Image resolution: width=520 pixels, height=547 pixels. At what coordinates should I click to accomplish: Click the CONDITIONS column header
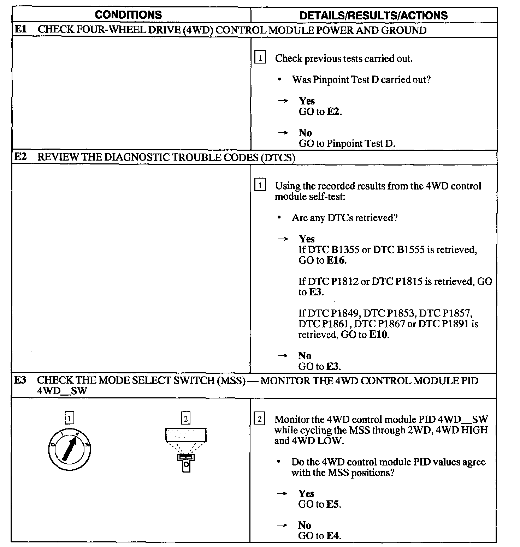pyautogui.click(x=128, y=15)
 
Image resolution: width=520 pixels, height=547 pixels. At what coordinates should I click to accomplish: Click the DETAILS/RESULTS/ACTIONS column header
pyautogui.click(x=373, y=16)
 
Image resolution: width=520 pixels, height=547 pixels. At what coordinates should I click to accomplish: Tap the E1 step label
pyautogui.click(x=20, y=29)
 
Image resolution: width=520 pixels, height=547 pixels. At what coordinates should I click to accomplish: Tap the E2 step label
pyautogui.click(x=20, y=157)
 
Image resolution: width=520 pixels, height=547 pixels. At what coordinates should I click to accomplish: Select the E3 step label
pyautogui.click(x=20, y=380)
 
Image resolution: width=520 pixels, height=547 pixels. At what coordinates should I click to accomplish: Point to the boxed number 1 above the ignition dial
pyautogui.click(x=70, y=419)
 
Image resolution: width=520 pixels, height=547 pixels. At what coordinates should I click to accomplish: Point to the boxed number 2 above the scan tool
pyautogui.click(x=185, y=419)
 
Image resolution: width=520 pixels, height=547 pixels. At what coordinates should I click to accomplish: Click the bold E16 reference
pyautogui.click(x=336, y=260)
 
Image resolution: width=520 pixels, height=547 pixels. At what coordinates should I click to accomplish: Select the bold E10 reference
pyautogui.click(x=378, y=335)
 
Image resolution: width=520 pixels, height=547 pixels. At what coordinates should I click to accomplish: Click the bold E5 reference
pyautogui.click(x=333, y=504)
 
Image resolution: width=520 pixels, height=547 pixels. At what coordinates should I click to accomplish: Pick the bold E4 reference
pyautogui.click(x=333, y=536)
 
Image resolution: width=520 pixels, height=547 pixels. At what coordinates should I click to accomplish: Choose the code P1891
pyautogui.click(x=455, y=324)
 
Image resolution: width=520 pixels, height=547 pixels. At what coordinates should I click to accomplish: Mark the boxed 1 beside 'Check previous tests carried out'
pyautogui.click(x=260, y=58)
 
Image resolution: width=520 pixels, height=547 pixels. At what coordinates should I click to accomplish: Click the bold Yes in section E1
pyautogui.click(x=307, y=101)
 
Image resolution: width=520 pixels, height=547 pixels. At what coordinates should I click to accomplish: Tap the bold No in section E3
pyautogui.click(x=305, y=525)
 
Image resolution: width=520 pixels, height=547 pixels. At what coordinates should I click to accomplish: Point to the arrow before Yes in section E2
pyautogui.click(x=283, y=239)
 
